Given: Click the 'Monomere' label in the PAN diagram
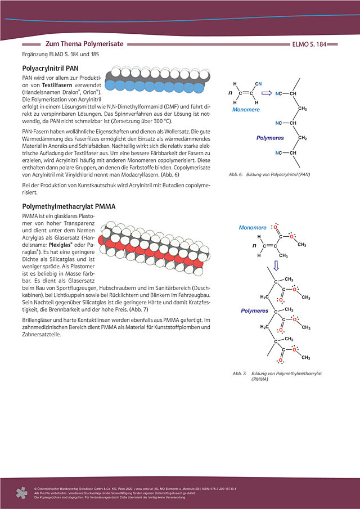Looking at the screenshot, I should click(x=246, y=110).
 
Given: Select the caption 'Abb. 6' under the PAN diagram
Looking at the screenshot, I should click(x=236, y=175).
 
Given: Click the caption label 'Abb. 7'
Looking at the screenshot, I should click(x=240, y=373).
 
